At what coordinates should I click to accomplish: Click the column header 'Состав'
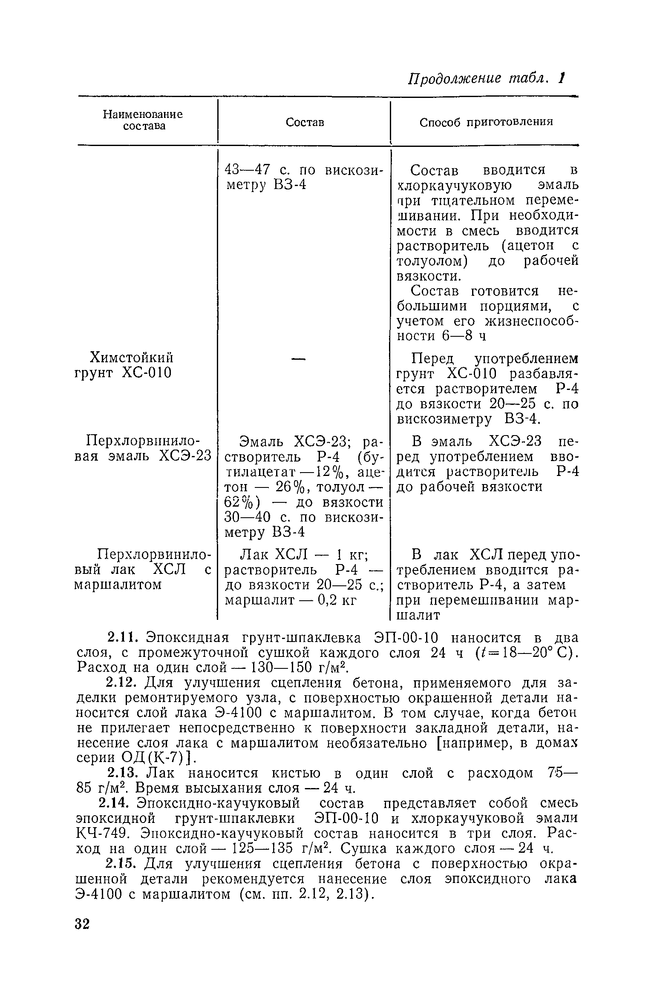[305, 123]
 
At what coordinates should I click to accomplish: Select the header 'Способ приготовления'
[486, 122]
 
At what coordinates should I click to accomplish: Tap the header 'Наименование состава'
[143, 120]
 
